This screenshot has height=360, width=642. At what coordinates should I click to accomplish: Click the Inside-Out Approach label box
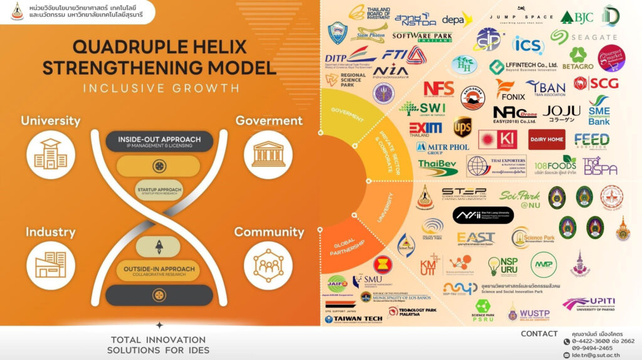click(159, 141)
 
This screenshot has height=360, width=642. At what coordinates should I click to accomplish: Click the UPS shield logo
click(462, 126)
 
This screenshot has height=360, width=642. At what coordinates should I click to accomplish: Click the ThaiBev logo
click(438, 166)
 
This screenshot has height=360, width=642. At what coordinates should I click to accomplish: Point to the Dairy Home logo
click(546, 139)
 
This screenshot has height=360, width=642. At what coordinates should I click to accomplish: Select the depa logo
click(456, 20)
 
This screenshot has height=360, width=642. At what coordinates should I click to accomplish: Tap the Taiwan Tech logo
click(353, 319)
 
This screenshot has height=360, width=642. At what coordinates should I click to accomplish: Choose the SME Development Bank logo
click(599, 110)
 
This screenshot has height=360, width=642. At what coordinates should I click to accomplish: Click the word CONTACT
click(539, 334)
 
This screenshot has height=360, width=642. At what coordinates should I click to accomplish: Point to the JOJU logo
click(561, 112)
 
